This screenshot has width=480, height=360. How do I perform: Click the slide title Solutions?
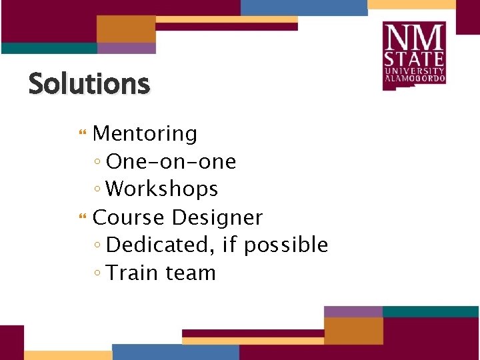[89, 85]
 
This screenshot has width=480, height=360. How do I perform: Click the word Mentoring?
[145, 134]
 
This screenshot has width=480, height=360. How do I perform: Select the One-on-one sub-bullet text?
[171, 162]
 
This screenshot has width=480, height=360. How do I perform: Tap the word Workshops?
[162, 189]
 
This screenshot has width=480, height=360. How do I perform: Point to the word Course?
[129, 217]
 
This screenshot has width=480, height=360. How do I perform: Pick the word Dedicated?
[157, 245]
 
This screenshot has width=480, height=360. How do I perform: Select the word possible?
[286, 246]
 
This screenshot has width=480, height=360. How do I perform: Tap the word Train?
[135, 273]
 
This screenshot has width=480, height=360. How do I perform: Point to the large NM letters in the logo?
[414, 35]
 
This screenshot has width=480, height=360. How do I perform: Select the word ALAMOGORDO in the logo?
[414, 79]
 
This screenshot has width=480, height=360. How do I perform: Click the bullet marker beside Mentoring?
[83, 135]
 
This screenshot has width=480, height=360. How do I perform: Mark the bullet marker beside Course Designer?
[83, 218]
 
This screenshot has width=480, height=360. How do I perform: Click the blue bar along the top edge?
[303, 7]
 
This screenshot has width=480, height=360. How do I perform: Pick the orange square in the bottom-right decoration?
[353, 331]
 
